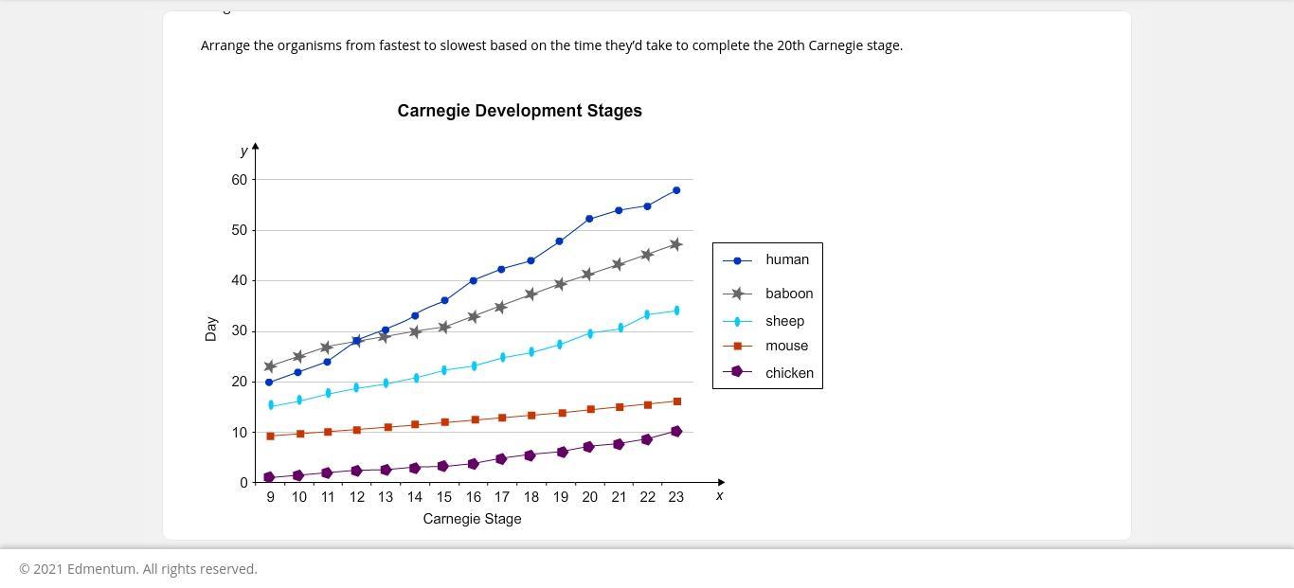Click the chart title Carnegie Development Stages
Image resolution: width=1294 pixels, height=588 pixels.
pos(519,111)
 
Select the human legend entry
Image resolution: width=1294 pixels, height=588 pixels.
pos(786,259)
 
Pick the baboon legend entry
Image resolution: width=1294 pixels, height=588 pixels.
pos(788,294)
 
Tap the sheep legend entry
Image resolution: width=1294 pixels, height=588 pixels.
pos(784,321)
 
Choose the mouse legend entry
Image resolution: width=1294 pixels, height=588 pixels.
pos(786,346)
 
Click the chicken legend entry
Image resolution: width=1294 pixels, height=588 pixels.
pos(789,373)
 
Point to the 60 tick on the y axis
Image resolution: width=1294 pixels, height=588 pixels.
pos(238,180)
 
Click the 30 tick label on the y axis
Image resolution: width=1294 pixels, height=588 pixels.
pos(238,331)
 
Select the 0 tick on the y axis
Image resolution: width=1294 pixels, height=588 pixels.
pos(243,483)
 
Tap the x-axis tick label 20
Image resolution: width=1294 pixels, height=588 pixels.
pos(589,497)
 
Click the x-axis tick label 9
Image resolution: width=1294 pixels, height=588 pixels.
pos(270,497)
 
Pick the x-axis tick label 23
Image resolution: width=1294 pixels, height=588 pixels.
pos(675,497)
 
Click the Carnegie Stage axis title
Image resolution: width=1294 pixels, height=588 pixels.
pos(472,519)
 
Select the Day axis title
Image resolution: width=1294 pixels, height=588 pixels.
pos(210,329)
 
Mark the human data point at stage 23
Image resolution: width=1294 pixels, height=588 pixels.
pos(676,190)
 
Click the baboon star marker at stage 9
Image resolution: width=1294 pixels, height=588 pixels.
pos(270,366)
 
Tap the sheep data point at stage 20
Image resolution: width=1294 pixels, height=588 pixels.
pos(590,333)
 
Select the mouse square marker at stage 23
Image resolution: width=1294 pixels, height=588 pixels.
pos(676,401)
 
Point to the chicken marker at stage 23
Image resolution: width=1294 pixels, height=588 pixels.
pos(676,432)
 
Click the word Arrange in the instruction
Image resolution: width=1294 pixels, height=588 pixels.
pos(225,45)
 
